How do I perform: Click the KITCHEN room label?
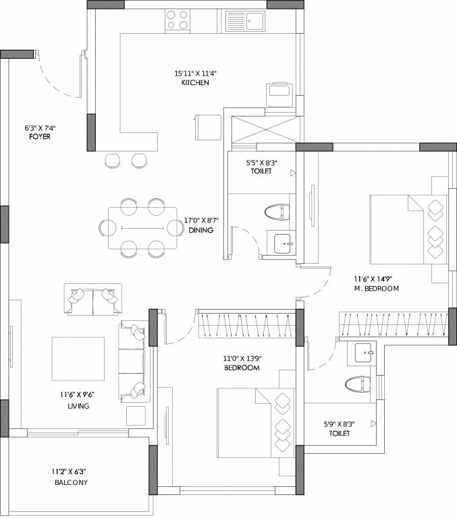click(x=195, y=82)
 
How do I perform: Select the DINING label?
click(x=201, y=230)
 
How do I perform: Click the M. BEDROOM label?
click(x=377, y=288)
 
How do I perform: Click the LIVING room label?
click(x=78, y=406)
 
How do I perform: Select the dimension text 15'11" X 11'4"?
click(x=195, y=73)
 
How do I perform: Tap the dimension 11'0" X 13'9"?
click(x=242, y=359)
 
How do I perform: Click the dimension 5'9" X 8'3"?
click(x=340, y=424)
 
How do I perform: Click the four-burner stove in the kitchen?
click(x=178, y=20)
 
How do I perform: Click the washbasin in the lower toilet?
click(x=364, y=353)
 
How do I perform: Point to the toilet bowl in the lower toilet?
click(x=358, y=384)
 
